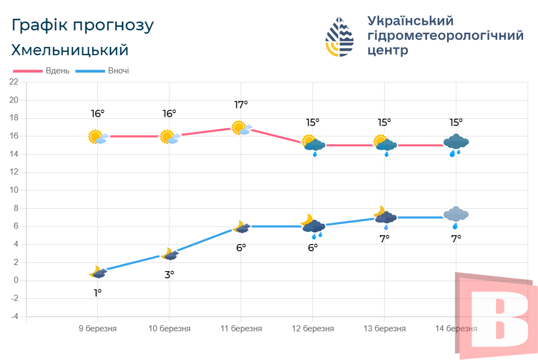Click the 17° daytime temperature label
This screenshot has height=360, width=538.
[241, 104]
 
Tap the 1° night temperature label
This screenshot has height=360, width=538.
[98, 293]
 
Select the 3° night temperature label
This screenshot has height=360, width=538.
[169, 274]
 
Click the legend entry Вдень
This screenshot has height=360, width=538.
[57, 71]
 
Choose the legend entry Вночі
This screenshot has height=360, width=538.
[119, 71]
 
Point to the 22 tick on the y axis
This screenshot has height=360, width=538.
[14, 82]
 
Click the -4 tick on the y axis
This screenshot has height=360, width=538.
[14, 317]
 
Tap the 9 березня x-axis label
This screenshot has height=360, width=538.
[98, 329]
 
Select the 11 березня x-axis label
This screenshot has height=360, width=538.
[241, 329]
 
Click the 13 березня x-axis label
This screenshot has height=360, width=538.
[385, 329]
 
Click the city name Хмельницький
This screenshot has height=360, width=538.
[70, 50]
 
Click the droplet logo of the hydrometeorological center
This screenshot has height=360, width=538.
[340, 36]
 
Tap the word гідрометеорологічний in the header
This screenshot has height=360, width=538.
[445, 36]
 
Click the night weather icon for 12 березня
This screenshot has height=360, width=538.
[313, 224]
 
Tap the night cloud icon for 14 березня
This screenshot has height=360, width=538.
[456, 215]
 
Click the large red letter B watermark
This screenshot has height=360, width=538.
[499, 317]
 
